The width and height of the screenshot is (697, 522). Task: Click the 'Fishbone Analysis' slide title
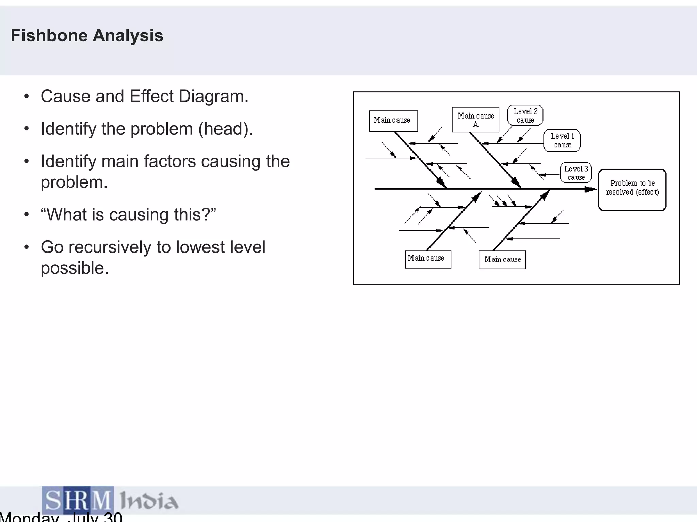click(87, 35)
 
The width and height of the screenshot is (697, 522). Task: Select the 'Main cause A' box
click(475, 120)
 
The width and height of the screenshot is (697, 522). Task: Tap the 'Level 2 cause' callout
click(525, 116)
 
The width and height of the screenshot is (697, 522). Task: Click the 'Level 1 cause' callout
click(562, 140)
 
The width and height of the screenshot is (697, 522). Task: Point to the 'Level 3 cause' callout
click(576, 173)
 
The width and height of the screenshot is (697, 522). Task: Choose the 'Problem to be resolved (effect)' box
click(632, 190)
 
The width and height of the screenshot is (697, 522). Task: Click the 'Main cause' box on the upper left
click(393, 121)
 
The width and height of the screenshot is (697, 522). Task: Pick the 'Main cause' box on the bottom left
click(428, 259)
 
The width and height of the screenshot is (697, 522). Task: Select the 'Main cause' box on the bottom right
click(502, 260)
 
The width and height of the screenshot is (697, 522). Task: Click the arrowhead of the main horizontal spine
click(590, 189)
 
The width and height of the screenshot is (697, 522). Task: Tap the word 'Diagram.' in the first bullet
click(213, 96)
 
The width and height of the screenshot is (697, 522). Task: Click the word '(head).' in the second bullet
click(226, 129)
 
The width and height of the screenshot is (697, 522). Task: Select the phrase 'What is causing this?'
click(128, 215)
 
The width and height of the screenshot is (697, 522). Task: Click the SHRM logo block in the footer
click(78, 500)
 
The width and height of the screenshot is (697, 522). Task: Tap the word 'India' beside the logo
click(149, 501)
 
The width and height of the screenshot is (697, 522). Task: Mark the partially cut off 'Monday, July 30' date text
click(61, 517)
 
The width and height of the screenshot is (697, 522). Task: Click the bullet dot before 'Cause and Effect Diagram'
click(27, 97)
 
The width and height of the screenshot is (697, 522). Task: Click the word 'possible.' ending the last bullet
click(75, 268)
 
